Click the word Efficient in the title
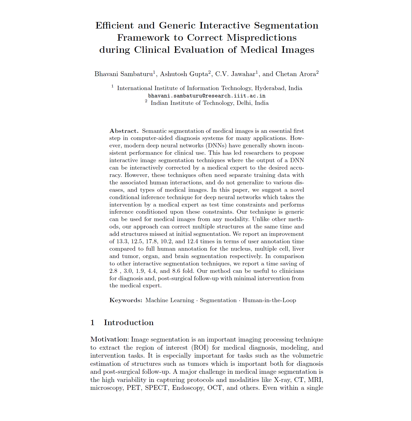(115, 26)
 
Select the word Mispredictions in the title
(261, 38)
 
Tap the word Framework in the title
(143, 38)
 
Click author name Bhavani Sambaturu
(124, 74)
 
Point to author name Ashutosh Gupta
(184, 74)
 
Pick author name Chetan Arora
(296, 74)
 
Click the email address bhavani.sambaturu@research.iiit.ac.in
(207, 96)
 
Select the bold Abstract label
(124, 131)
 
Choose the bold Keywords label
(126, 300)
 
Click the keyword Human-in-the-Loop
(269, 300)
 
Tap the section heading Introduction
(129, 322)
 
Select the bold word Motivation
(109, 339)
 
